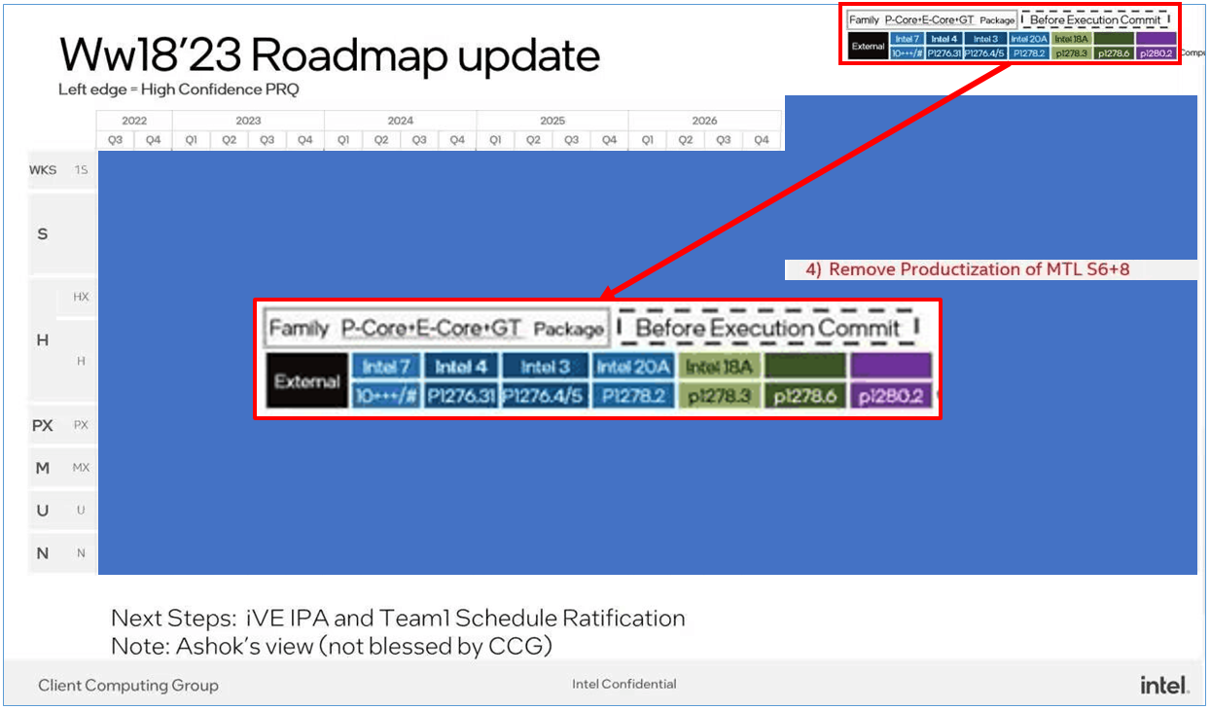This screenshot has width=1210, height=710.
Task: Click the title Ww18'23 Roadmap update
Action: coord(329,56)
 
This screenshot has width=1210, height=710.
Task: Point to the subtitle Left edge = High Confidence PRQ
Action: coord(179,90)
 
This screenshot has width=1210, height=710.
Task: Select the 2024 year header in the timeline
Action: coord(400,121)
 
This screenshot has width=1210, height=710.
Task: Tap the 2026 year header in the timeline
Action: coord(704,121)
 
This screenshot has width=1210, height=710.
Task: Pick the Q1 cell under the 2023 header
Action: coord(192,140)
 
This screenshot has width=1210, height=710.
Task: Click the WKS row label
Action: coord(43,170)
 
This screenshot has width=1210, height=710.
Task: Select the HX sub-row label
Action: coord(81,297)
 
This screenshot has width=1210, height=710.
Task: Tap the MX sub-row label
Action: coord(81,468)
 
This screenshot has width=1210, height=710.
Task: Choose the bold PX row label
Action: coord(42,425)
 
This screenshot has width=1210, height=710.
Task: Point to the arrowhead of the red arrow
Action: coord(606,294)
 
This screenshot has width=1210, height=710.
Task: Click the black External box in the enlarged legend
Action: coord(307,381)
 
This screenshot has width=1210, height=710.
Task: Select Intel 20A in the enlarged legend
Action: coord(633,367)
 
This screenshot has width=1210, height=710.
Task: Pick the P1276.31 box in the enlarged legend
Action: coord(461,396)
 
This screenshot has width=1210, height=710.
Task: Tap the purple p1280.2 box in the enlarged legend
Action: coord(891,396)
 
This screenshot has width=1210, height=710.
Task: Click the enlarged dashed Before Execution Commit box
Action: coord(767,328)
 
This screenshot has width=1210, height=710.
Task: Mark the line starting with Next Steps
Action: coord(398,618)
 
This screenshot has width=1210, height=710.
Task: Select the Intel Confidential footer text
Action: coord(623,684)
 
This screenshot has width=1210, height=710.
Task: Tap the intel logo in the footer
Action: coord(1163,685)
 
